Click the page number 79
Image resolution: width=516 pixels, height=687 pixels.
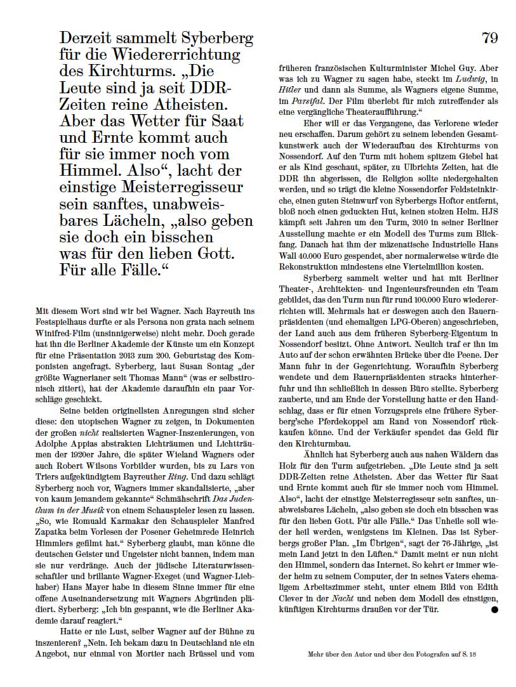(489, 38)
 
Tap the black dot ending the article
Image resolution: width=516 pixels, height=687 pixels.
(495, 610)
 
